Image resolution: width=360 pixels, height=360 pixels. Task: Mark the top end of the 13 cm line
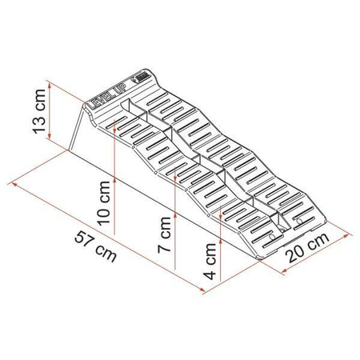point(50,80)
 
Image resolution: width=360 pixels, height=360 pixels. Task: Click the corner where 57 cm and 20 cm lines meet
point(283,273)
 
